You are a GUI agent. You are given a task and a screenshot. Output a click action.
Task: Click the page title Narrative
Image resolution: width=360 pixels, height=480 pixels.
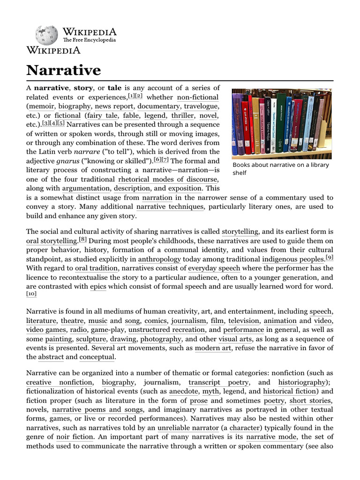coord(63,70)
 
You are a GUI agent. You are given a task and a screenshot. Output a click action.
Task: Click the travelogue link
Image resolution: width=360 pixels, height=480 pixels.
coord(202,106)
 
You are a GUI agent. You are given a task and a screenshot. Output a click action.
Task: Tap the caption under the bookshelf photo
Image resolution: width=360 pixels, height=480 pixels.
coord(280,169)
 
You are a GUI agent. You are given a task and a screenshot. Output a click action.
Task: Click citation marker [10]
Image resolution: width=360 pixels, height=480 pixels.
coord(31,294)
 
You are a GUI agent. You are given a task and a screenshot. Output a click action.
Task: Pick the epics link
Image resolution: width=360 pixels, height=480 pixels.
coord(98,286)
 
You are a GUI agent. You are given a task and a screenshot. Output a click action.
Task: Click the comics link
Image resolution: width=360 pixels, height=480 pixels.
coord(155,321)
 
